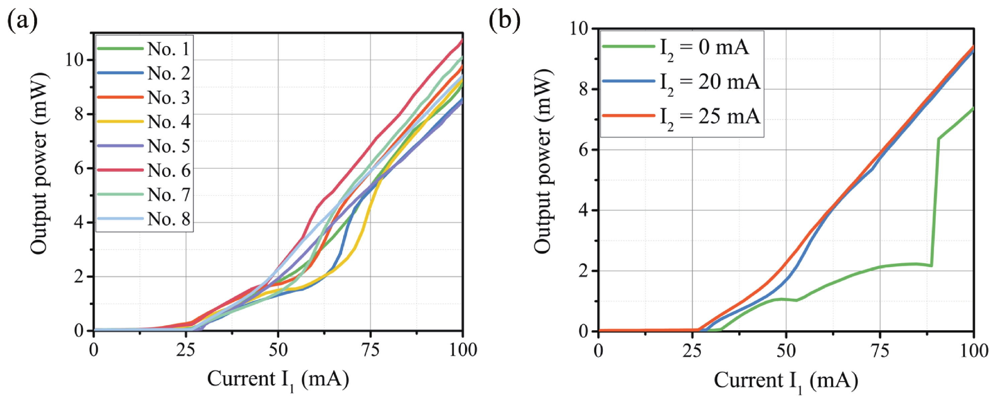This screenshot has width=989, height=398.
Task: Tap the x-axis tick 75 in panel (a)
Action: [370, 350]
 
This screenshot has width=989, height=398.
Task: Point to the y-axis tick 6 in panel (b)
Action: [583, 150]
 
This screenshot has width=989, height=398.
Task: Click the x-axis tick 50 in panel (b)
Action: [786, 350]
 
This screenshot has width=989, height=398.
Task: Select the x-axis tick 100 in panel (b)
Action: [974, 350]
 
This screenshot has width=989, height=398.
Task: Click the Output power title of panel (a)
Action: [40, 163]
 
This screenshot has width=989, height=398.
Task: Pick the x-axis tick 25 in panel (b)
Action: [692, 350]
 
